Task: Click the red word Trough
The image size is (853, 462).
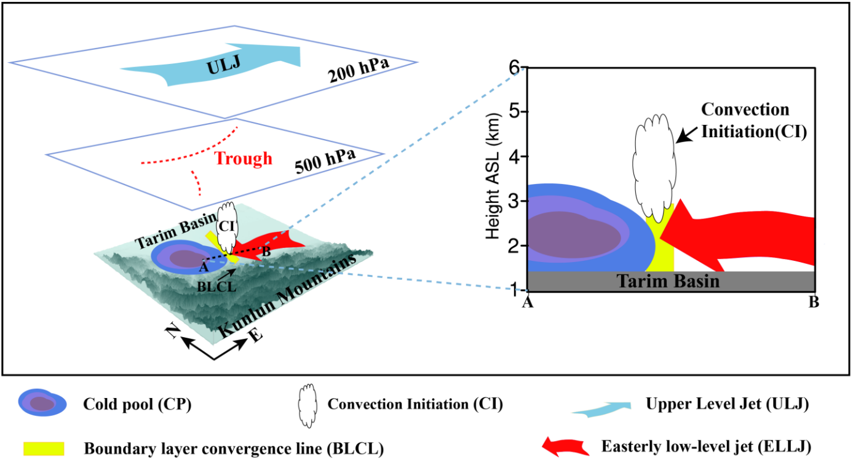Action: pyautogui.click(x=244, y=159)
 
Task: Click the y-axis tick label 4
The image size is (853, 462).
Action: pyautogui.click(x=515, y=156)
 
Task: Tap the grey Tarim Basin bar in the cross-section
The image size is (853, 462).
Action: pyautogui.click(x=671, y=281)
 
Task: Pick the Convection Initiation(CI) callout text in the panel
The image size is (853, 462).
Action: pyautogui.click(x=745, y=121)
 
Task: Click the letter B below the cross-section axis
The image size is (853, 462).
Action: pyautogui.click(x=814, y=302)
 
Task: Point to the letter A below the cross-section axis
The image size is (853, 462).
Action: pyautogui.click(x=527, y=302)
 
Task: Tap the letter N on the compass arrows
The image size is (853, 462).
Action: pyautogui.click(x=173, y=333)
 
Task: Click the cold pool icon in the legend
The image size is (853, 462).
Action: pyautogui.click(x=41, y=404)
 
